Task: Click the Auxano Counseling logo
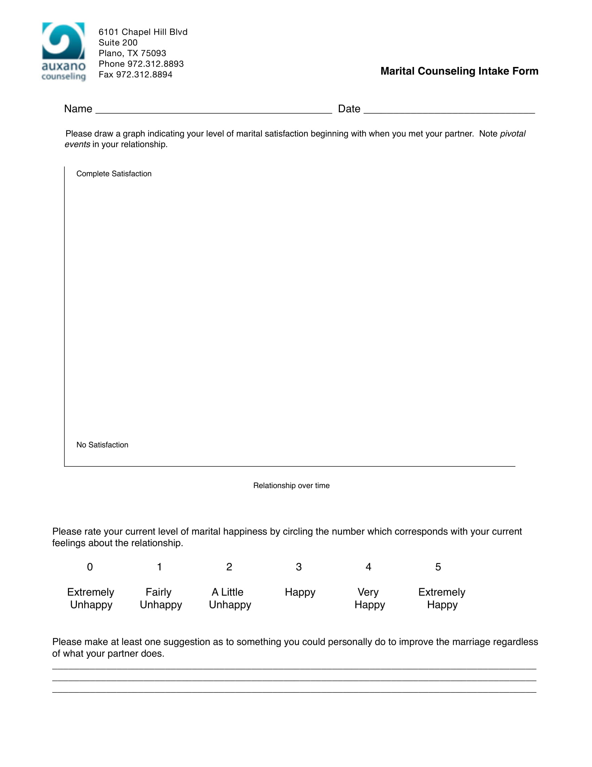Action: pos(63,51)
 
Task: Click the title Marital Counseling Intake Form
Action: pos(459,71)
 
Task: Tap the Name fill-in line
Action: pos(213,109)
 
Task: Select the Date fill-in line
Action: pos(449,109)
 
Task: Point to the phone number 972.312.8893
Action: pos(155,64)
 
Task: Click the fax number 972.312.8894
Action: pos(144,75)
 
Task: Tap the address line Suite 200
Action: pos(118,43)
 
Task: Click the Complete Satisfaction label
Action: pos(114,174)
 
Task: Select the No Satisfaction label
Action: pos(102,445)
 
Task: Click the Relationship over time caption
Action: pos(291,486)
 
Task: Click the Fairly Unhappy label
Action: pos(161,598)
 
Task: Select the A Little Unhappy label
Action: pos(230,598)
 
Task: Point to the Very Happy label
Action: pos(369,598)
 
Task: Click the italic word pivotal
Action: pos(512,134)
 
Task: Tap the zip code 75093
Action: pos(153,53)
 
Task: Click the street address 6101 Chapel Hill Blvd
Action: pos(143,32)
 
